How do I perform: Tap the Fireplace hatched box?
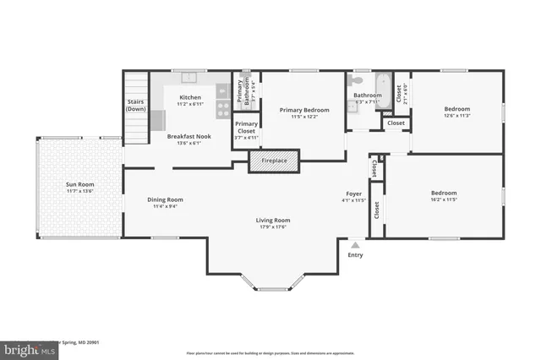274,161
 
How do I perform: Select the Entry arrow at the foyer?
355,244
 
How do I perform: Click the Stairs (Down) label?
136,106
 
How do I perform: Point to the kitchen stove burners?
223,107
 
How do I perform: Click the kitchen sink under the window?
189,79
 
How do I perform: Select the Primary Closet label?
246,128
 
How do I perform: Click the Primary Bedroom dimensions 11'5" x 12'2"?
303,117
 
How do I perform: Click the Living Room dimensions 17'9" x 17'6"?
272,226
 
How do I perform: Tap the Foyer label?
354,194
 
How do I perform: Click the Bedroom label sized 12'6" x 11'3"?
456,109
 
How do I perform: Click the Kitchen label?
190,97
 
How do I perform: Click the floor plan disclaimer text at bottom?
270,352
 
